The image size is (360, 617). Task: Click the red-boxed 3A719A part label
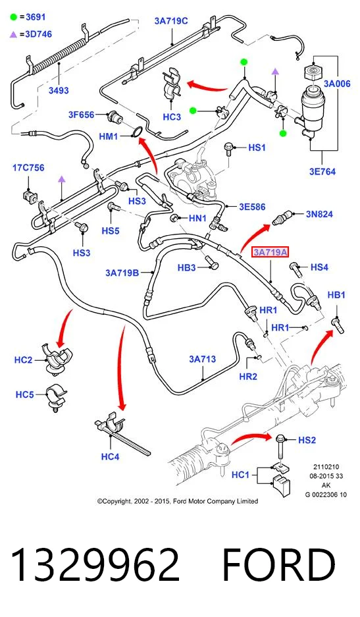pos(270,252)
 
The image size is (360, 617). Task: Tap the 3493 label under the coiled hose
pos(59,90)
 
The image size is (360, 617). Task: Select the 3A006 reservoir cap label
pos(337,84)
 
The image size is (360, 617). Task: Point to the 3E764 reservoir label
pos(322,171)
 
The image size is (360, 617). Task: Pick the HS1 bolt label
pos(257,148)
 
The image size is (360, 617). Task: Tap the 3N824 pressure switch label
pos(319,214)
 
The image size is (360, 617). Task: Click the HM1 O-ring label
pos(109,136)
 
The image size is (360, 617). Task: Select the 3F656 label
pos(82,115)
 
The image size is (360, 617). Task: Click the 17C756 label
pos(28,168)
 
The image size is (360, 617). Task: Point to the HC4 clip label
pos(110,456)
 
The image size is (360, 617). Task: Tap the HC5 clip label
pos(24,394)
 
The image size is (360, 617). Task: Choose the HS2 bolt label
pos(307,440)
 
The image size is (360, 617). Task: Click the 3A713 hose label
pos(202,359)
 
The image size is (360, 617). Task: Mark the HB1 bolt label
pos(336,295)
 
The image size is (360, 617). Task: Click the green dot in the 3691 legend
pos(14,17)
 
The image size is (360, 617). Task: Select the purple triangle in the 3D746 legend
pos(14,35)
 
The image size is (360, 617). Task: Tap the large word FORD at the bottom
pos(278,565)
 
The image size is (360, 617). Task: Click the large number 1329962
pos(95,565)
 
